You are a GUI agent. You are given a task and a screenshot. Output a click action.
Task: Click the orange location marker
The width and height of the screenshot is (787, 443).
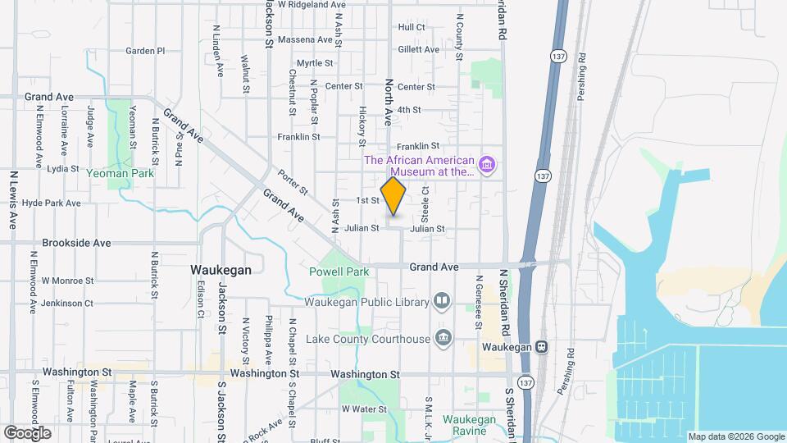[x=393, y=195]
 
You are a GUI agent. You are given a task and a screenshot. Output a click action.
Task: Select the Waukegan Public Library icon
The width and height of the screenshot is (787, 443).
[x=442, y=302]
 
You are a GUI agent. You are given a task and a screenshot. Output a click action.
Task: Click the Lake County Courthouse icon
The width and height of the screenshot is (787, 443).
[x=444, y=338]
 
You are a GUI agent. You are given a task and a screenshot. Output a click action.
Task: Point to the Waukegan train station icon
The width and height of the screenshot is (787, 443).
[x=541, y=347]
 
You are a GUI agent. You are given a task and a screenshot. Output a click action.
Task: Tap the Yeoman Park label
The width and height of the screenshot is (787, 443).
[x=124, y=174]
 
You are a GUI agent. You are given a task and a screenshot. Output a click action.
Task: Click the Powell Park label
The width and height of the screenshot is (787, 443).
[x=339, y=272]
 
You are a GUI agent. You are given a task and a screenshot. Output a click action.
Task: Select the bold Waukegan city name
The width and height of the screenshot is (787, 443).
[x=221, y=269]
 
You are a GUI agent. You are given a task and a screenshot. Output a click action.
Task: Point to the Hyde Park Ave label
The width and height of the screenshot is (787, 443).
[x=52, y=203]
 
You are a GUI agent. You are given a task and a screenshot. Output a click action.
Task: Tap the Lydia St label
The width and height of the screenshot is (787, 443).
[x=62, y=169]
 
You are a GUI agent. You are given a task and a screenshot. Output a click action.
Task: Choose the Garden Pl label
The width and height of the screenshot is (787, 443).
[x=145, y=51]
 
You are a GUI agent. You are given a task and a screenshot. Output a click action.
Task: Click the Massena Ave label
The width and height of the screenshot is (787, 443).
[x=305, y=39]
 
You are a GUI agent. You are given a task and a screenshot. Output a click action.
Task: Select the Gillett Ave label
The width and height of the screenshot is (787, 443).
[x=418, y=50]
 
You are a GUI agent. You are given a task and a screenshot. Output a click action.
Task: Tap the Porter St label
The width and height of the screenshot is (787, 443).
[x=292, y=182]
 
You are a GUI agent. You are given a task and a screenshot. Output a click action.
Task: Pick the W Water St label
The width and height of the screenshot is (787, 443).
[x=363, y=409]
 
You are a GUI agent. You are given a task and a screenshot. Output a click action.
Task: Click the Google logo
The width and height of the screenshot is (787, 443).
[x=27, y=432]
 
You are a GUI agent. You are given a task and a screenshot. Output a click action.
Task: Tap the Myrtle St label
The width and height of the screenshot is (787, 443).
[x=315, y=63]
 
